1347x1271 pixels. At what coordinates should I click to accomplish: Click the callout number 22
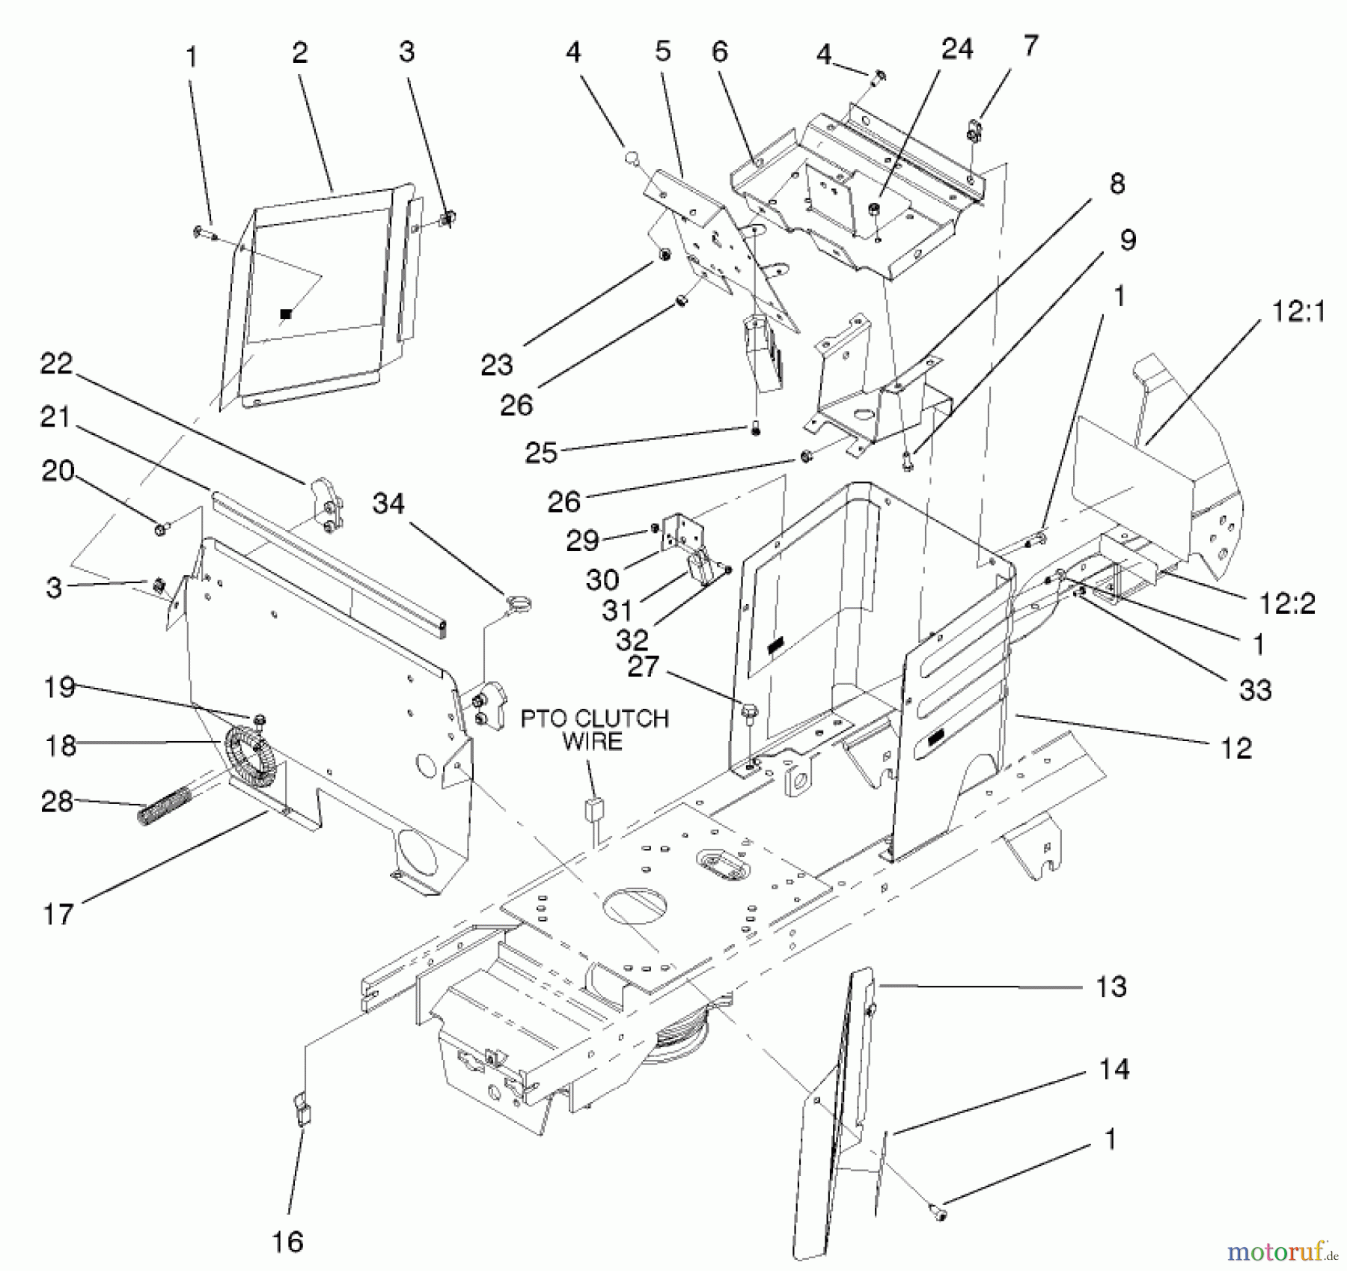point(56,365)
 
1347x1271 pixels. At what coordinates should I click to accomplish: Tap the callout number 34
point(388,505)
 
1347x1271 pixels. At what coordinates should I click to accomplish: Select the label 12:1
point(1298,311)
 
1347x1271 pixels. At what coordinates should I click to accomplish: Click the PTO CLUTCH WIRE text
point(594,730)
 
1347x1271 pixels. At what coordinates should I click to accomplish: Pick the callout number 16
point(287,1242)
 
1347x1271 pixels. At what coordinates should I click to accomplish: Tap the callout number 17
point(58,914)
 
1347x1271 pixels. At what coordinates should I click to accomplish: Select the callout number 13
point(1111,987)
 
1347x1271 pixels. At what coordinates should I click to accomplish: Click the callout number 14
point(1114,1069)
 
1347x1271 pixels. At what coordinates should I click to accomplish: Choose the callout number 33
point(1256,689)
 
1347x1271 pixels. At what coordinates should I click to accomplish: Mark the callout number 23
point(497,365)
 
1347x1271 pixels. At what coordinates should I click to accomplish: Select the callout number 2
point(300,52)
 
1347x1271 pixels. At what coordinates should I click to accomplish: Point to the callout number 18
point(61,746)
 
